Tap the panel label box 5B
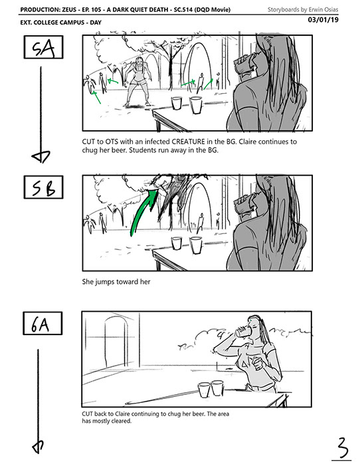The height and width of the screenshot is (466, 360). click(x=43, y=187)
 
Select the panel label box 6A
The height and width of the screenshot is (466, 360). click(x=43, y=323)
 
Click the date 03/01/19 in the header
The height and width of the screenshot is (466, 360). click(x=323, y=20)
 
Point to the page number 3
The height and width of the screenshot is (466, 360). click(x=343, y=447)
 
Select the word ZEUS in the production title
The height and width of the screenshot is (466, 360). click(x=69, y=9)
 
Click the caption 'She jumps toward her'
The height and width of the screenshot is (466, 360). click(x=116, y=282)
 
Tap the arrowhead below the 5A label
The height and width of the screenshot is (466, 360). click(x=41, y=157)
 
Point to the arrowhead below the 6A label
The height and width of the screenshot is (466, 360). click(x=38, y=446)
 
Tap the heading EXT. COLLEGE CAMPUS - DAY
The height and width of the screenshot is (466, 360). click(x=61, y=23)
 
